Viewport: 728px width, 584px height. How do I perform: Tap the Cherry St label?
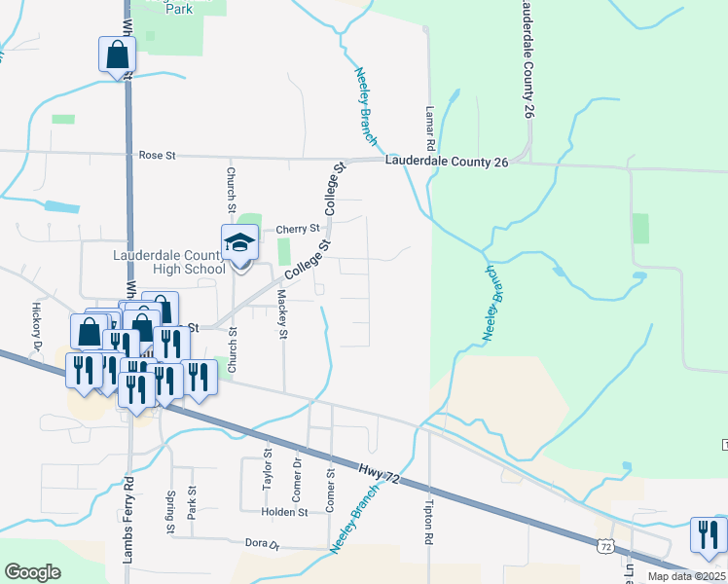coord(298,230)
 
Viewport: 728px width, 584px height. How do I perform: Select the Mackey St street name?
coord(283,314)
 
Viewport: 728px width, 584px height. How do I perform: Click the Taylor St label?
coord(267,468)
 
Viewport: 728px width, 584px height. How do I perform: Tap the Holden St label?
coord(284,512)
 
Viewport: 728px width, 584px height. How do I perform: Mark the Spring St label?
coord(170,512)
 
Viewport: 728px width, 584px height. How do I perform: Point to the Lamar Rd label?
coord(428,128)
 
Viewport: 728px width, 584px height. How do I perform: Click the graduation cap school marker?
coord(238,244)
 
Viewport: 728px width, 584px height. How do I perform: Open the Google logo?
coord(32,572)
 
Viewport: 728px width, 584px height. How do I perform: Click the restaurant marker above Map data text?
coord(708,533)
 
